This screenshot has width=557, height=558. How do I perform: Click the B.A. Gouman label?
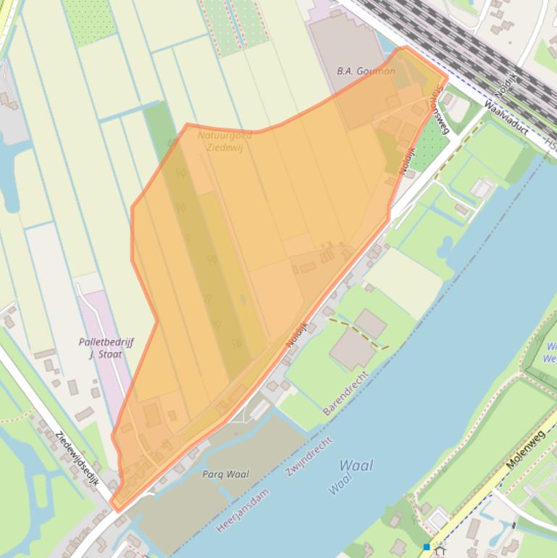tap(367, 71)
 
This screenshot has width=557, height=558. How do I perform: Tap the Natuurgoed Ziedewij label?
tap(225, 141)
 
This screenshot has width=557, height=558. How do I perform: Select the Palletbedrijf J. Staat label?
tap(106, 348)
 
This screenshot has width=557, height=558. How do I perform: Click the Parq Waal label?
tap(225, 474)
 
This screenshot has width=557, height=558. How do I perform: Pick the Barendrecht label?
tap(345, 394)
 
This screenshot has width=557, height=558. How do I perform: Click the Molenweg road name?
tap(527, 449)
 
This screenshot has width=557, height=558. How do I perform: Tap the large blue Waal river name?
tap(356, 465)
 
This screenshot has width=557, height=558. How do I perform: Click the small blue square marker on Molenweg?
tap(427, 546)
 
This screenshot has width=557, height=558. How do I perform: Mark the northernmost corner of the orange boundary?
tap(404, 47)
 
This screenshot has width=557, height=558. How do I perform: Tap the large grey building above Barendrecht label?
tap(352, 350)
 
